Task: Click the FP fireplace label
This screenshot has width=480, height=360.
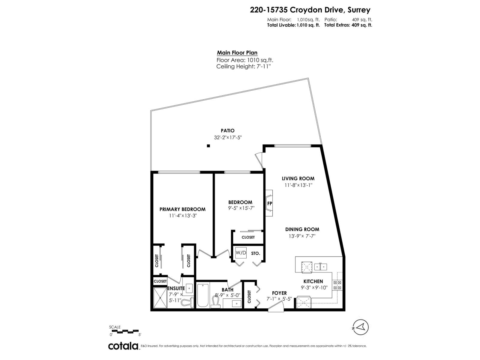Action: click(x=269, y=203)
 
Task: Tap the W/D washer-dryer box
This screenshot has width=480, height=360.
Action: click(x=241, y=253)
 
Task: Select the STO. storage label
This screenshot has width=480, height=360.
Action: click(x=255, y=253)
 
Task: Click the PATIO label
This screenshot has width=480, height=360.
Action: click(x=228, y=130)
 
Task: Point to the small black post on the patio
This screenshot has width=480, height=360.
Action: click(x=208, y=146)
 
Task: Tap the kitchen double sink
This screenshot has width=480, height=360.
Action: click(x=321, y=266)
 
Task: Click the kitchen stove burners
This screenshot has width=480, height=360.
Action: click(x=337, y=285)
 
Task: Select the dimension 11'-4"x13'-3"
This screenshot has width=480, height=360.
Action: click(x=182, y=216)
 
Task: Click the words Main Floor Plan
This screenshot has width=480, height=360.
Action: click(x=237, y=53)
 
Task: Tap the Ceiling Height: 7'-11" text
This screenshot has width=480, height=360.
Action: click(x=243, y=67)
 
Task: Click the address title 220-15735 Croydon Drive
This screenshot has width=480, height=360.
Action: click(x=310, y=10)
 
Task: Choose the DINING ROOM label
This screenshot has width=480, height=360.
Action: click(x=302, y=229)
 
